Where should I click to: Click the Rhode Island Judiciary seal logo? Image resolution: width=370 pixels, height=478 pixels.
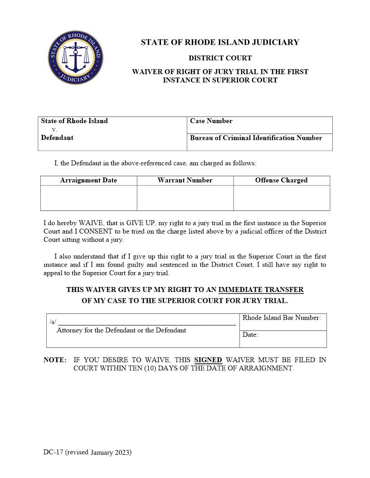pyautogui.click(x=76, y=57)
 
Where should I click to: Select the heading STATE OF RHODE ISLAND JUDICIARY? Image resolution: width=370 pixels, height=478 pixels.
pyautogui.click(x=220, y=43)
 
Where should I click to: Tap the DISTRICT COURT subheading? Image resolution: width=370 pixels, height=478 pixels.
pyautogui.click(x=220, y=58)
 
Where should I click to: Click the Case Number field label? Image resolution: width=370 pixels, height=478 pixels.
pyautogui.click(x=211, y=121)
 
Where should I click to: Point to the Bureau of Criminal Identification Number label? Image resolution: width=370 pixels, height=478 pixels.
pyautogui.click(x=256, y=138)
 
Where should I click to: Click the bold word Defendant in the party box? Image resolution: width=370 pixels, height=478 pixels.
pyautogui.click(x=57, y=138)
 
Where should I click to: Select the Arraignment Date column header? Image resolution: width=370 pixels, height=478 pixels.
pyautogui.click(x=88, y=180)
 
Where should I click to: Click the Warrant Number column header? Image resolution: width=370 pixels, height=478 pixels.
pyautogui.click(x=185, y=180)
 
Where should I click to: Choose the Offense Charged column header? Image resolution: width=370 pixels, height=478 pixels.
pyautogui.click(x=281, y=180)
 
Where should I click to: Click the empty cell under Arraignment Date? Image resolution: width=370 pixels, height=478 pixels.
pyautogui.click(x=88, y=198)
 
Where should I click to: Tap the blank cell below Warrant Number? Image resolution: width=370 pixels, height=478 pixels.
pyautogui.click(x=185, y=198)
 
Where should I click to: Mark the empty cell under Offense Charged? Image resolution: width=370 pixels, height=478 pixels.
pyautogui.click(x=282, y=198)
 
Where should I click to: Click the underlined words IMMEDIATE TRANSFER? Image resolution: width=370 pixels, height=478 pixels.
pyautogui.click(x=261, y=290)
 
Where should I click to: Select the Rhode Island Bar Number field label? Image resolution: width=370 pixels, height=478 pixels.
pyautogui.click(x=282, y=318)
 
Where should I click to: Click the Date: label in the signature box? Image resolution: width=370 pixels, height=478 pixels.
pyautogui.click(x=250, y=335)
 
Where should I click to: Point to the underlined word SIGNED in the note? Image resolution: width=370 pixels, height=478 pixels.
pyautogui.click(x=208, y=360)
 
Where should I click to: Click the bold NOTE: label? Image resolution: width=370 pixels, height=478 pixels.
pyautogui.click(x=55, y=360)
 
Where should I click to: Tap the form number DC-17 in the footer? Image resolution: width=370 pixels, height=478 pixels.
pyautogui.click(x=53, y=452)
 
